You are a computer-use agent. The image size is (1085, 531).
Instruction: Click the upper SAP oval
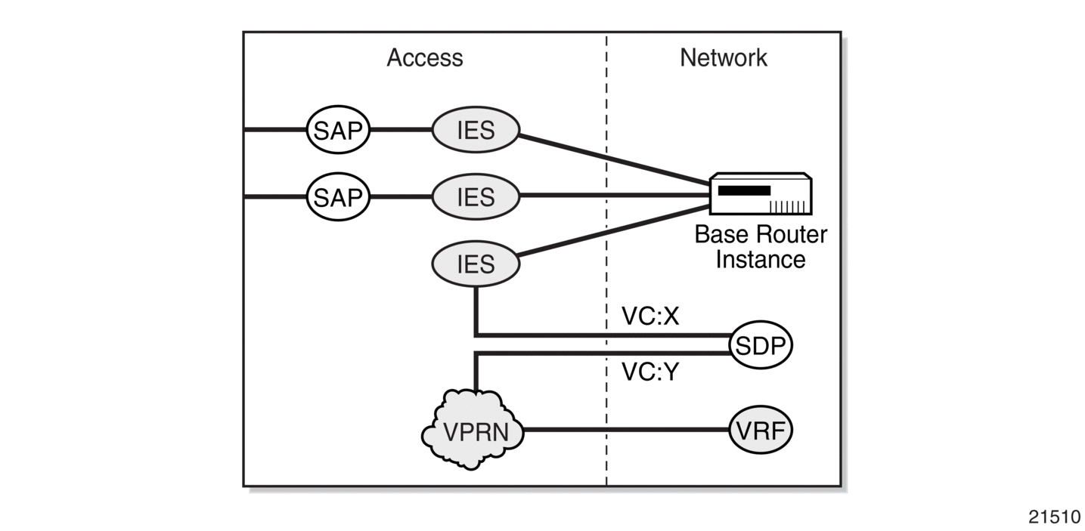click(x=338, y=130)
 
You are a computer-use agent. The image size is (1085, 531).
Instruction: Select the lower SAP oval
click(x=338, y=197)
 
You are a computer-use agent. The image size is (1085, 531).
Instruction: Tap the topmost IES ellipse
click(x=476, y=130)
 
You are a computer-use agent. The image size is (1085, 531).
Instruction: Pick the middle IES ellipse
click(x=476, y=197)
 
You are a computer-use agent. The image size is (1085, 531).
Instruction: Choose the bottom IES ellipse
click(x=476, y=264)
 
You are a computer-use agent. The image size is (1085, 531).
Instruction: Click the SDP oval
click(x=761, y=344)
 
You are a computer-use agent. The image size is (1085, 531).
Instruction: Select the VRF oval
click(x=761, y=430)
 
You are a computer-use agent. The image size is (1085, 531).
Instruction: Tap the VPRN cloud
click(x=473, y=430)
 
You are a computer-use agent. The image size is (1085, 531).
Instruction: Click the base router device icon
click(x=761, y=193)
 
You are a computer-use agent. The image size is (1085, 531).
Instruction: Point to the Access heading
click(x=425, y=57)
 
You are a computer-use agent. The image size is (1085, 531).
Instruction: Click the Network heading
click(x=724, y=57)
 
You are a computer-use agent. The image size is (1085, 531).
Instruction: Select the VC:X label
click(x=650, y=316)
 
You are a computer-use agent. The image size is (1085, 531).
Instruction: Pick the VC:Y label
click(x=650, y=372)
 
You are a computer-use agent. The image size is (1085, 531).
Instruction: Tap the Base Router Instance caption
click(x=761, y=247)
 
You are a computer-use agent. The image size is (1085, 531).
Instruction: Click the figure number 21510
click(x=1054, y=517)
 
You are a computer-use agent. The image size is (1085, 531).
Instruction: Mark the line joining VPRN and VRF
click(x=626, y=429)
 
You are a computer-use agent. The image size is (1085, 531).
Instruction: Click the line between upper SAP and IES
click(x=401, y=130)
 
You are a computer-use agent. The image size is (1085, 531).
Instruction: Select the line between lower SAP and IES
click(x=401, y=196)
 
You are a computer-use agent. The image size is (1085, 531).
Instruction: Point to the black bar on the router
click(x=744, y=190)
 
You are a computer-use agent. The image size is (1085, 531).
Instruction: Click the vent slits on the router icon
click(x=789, y=207)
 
